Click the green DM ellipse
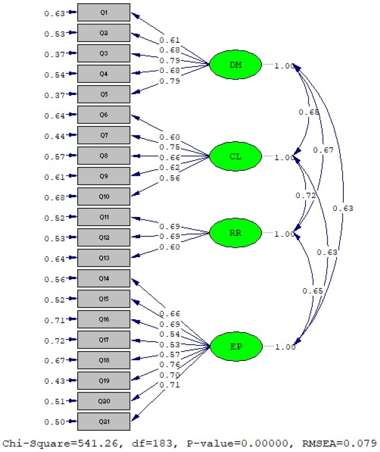point(234,65)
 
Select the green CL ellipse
point(234,157)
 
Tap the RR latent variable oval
point(234,233)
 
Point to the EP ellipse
point(234,346)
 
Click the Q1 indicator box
point(104,12)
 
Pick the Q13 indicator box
point(104,258)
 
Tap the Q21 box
point(104,421)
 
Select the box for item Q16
point(104,319)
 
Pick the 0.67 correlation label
point(323,150)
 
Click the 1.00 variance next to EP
point(285,347)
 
